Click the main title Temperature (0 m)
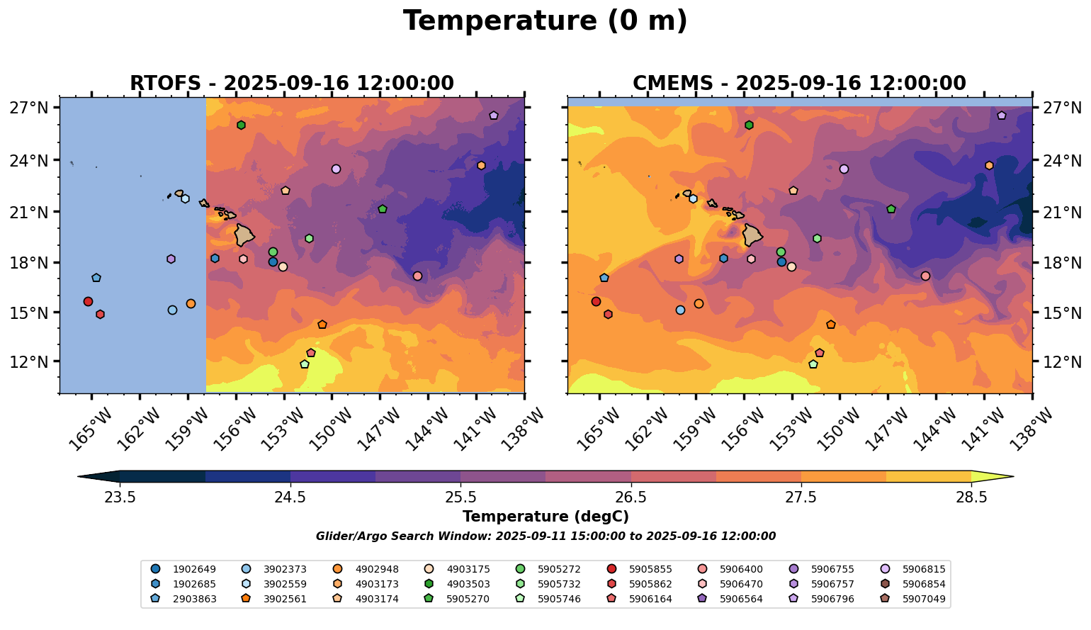coord(545,21)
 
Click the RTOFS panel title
coord(291,84)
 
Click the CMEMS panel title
coord(799,84)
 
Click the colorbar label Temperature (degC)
coord(545,517)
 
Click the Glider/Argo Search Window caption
coord(545,536)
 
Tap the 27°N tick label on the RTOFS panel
coord(28,108)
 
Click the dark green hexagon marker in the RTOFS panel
coord(241,125)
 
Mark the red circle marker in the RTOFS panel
coord(88,302)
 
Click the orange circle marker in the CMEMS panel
coord(699,304)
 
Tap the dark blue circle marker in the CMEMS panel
coord(781,262)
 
